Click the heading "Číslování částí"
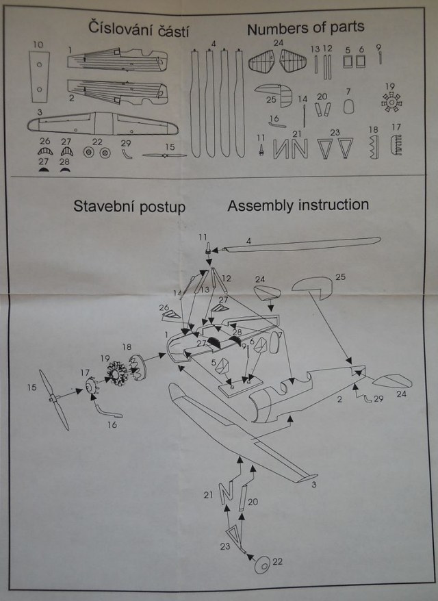[138, 29]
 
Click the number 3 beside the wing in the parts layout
[40, 111]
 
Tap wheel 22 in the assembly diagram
[262, 565]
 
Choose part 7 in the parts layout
[348, 106]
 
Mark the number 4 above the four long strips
[214, 44]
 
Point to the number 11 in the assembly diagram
[203, 237]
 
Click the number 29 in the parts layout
[125, 142]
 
